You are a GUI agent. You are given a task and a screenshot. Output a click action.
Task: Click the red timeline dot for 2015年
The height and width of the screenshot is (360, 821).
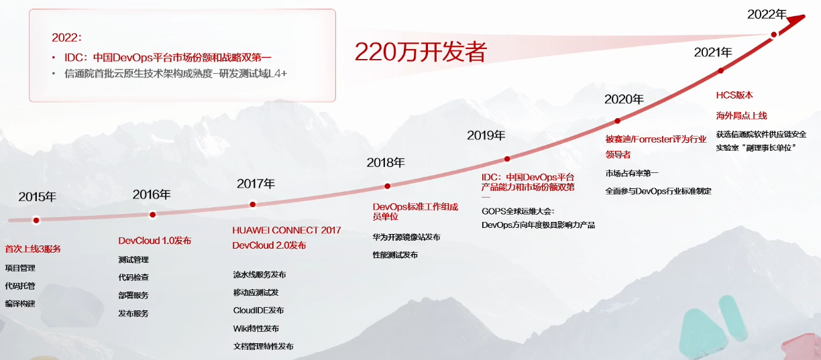pos(36,220)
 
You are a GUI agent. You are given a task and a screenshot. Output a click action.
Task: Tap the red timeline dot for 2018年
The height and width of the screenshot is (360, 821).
pos(387,186)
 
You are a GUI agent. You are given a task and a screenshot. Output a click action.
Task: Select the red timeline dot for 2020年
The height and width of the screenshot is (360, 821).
pos(618,121)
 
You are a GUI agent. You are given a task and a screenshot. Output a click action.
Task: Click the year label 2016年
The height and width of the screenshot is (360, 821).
pos(152,195)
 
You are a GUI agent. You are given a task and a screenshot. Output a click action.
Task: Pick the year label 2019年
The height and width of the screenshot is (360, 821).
pos(486,136)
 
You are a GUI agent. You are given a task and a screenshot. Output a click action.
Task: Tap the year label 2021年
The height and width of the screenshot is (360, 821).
pos(713,52)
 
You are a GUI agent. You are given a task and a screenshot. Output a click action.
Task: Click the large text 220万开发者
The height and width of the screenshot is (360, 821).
pos(421,52)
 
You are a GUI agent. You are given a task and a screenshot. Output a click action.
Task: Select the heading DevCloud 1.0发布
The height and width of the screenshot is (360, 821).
pos(155,241)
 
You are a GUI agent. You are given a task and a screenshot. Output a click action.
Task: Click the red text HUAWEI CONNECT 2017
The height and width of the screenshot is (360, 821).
pos(286,231)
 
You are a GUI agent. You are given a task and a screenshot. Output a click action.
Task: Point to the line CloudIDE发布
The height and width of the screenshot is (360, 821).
pos(258,310)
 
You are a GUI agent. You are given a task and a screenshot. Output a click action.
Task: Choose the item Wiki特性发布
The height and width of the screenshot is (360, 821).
pos(256,328)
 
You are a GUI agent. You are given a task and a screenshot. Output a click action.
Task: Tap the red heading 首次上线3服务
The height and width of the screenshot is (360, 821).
pos(33,249)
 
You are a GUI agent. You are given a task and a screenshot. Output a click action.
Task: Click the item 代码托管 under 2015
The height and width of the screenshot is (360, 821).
pos(20,286)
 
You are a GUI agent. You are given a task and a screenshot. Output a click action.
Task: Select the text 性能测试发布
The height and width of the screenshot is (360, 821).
pos(395,255)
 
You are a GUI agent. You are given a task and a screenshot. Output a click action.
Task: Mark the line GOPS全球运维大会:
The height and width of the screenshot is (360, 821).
pos(518,211)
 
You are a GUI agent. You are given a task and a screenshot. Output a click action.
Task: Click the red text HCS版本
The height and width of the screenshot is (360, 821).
pos(734,95)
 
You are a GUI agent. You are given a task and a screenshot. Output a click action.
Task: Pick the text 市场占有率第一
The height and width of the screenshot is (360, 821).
pos(632,173)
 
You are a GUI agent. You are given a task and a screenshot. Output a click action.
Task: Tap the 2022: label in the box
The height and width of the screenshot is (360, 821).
pos(66,38)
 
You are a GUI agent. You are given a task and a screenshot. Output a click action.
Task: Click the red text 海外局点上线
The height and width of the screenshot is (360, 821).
pos(741,116)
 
